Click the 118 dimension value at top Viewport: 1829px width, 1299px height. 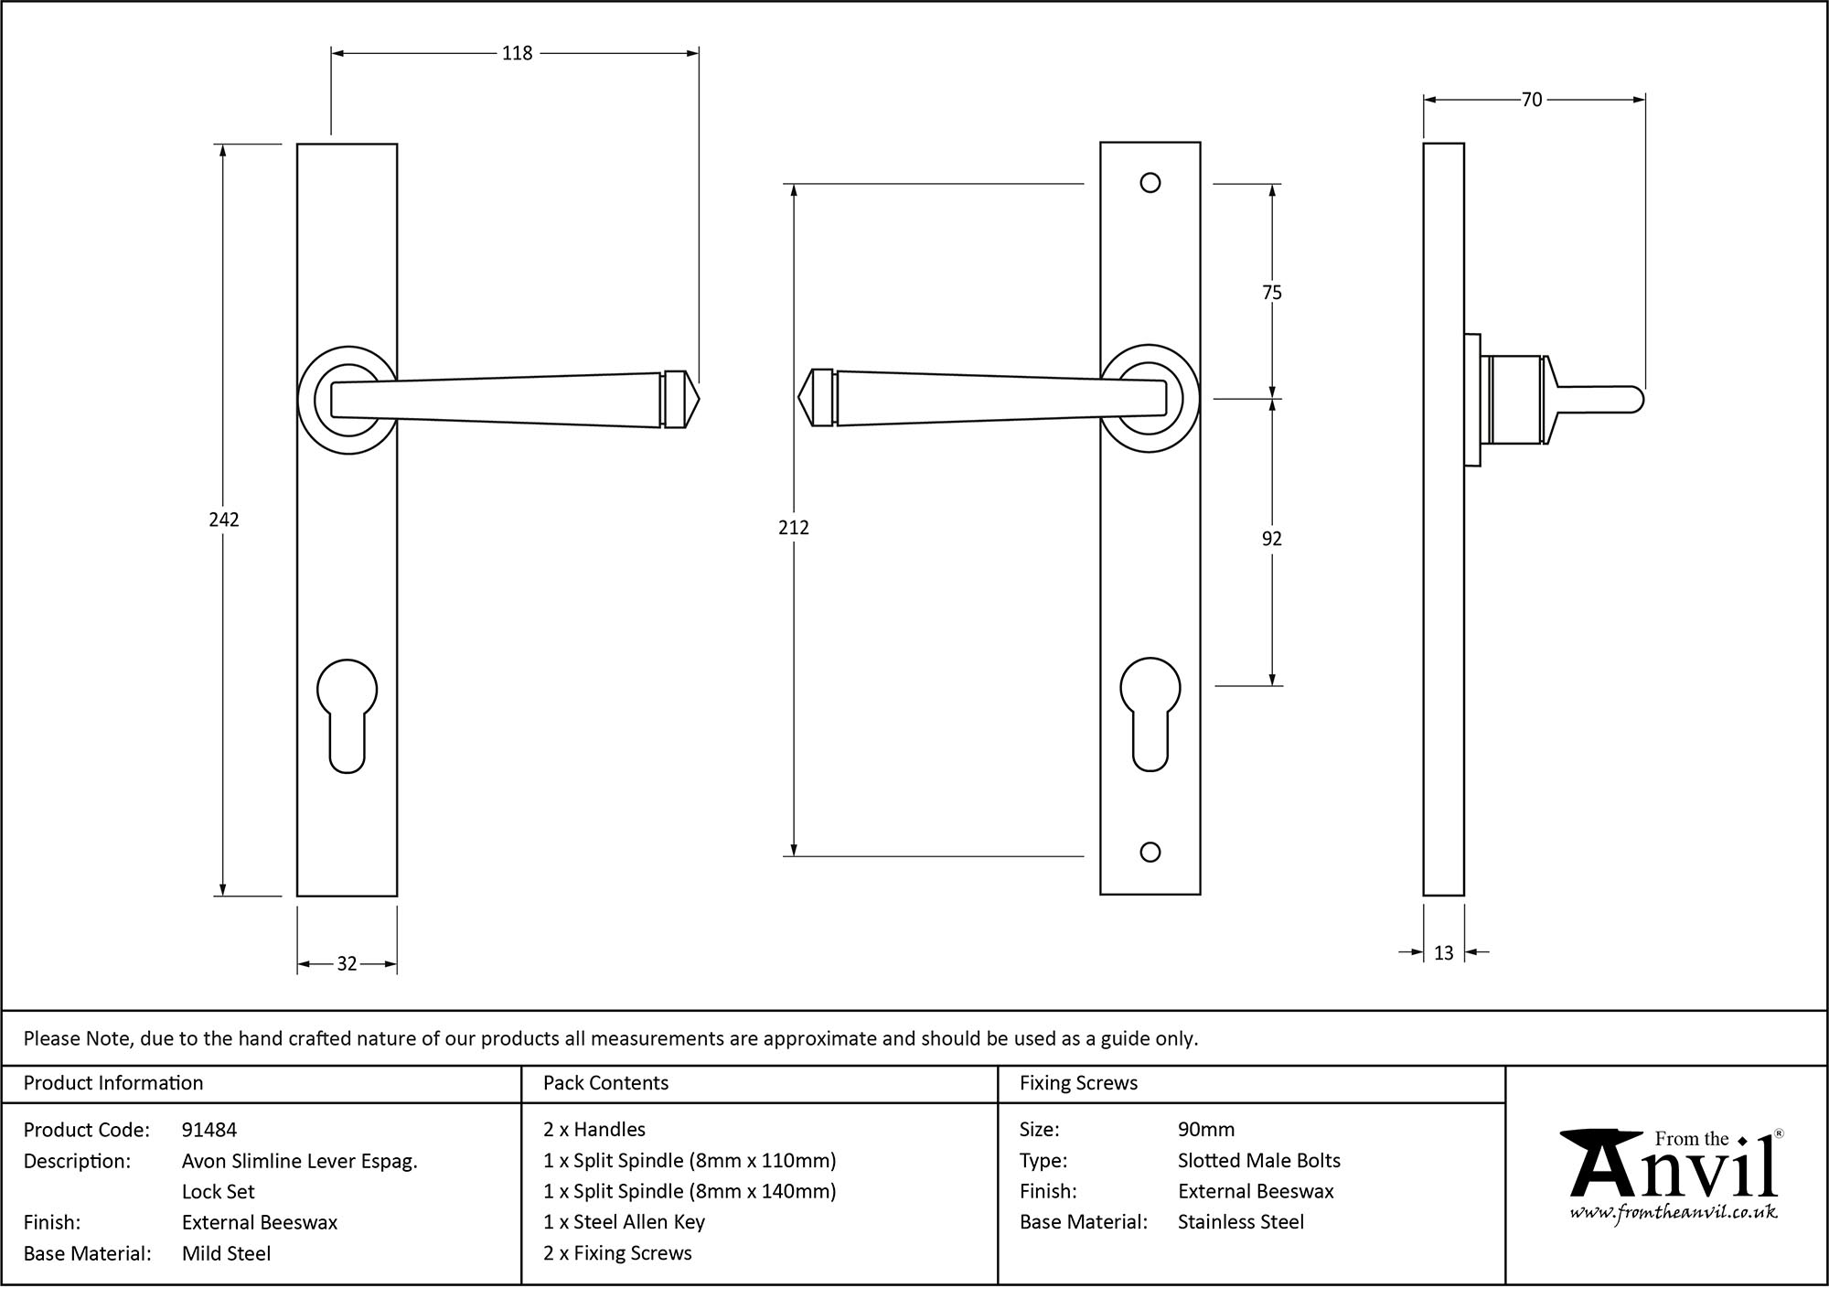pos(517,54)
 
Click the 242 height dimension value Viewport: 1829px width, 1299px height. pos(224,520)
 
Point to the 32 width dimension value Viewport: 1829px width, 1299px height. pos(347,963)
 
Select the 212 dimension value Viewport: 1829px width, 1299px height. pos(794,528)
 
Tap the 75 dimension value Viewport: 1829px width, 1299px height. pos(1271,293)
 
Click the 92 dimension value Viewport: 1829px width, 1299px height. pos(1271,539)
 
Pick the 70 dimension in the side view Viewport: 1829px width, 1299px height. pos(1532,100)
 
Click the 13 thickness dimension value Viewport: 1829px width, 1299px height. pos(1443,953)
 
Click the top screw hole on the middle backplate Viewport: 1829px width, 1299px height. pos(1150,183)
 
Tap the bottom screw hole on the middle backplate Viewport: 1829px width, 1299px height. pos(1150,853)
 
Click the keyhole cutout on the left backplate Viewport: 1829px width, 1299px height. pos(347,714)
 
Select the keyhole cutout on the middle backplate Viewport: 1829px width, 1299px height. pos(1150,713)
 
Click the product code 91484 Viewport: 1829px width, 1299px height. pos(209,1130)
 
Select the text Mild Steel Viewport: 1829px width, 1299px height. pos(226,1253)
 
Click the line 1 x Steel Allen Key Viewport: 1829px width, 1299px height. pos(624,1222)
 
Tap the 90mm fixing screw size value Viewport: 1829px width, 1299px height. pos(1206,1130)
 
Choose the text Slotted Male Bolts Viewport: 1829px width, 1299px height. pos(1258,1161)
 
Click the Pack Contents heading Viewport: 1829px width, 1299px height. pos(605,1083)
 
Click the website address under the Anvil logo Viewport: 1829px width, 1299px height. pos(1674,1213)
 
